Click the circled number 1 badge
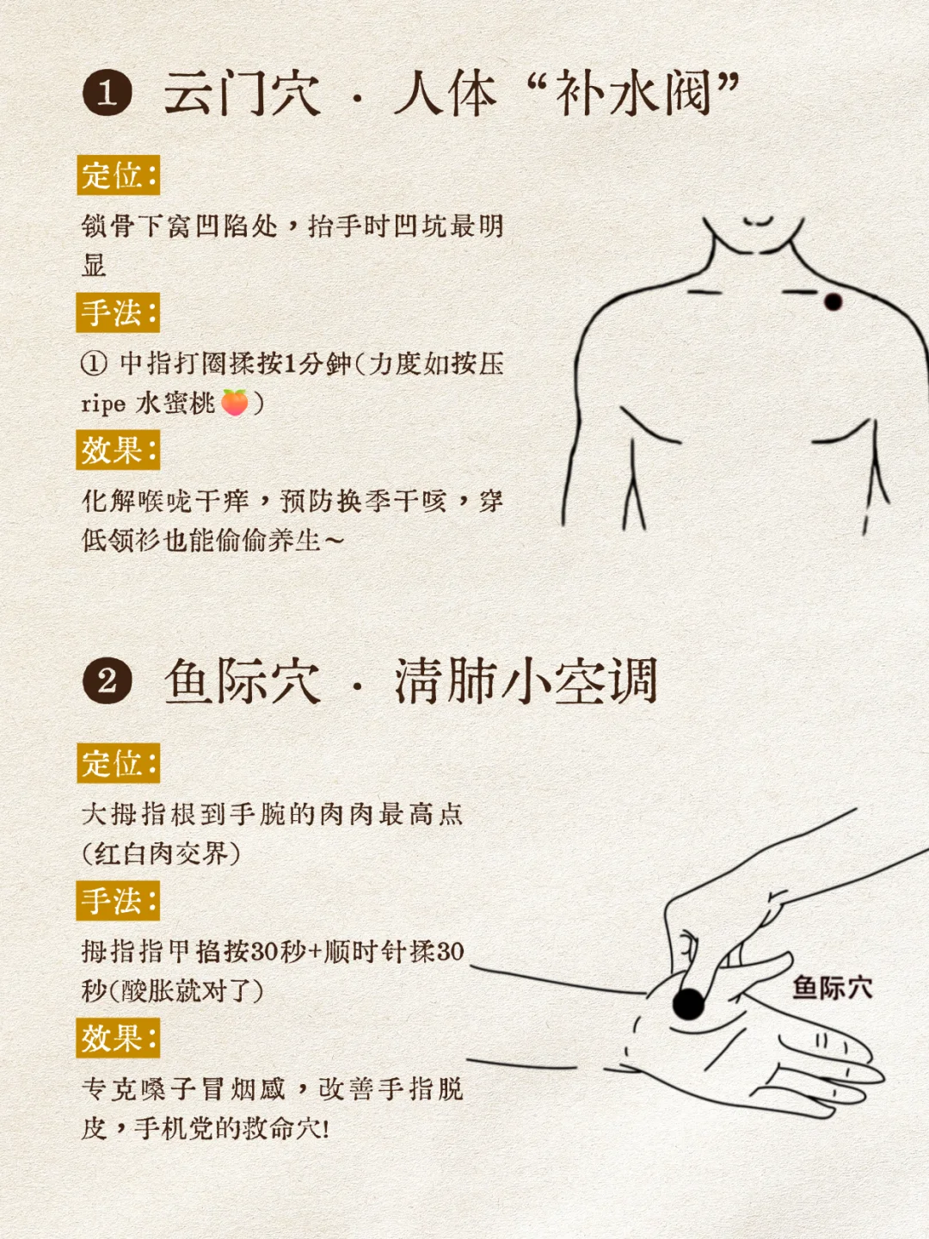click(x=108, y=93)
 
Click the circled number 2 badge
click(x=108, y=681)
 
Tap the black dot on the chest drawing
click(x=833, y=302)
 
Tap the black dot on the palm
click(x=688, y=1002)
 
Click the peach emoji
click(x=235, y=402)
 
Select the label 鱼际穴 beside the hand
click(x=832, y=988)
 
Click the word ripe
click(x=103, y=404)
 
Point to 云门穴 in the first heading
click(x=242, y=93)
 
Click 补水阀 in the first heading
click(x=633, y=93)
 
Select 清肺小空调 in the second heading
click(x=526, y=681)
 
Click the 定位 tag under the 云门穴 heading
click(x=118, y=176)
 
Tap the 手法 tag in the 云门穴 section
click(x=118, y=312)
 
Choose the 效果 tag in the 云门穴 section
click(x=118, y=450)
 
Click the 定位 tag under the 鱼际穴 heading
click(x=118, y=763)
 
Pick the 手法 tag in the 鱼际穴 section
click(x=118, y=901)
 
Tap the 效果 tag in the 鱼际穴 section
click(x=118, y=1039)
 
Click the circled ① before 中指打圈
click(x=94, y=364)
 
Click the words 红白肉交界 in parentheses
click(x=161, y=854)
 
